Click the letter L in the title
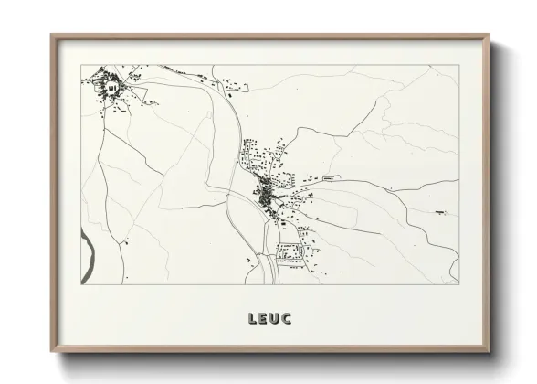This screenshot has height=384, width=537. pos(251,319)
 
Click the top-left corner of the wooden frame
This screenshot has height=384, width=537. pos(51,35)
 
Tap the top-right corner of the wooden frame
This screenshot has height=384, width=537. pos(490,35)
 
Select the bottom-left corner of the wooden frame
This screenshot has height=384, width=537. pos(51,351)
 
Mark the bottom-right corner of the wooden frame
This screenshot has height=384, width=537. pos(490,351)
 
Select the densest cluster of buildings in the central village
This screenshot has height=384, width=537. pos(266,194)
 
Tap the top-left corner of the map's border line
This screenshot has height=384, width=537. pos(83,66)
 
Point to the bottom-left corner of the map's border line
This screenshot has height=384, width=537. pos(83,284)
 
